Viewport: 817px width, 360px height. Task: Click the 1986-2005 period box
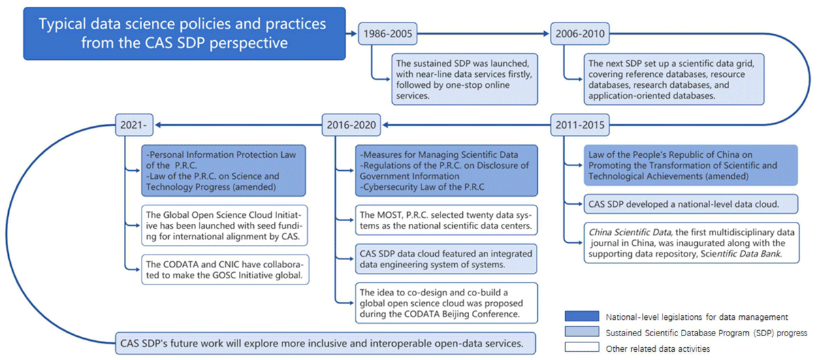387,33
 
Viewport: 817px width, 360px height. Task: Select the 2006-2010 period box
579,33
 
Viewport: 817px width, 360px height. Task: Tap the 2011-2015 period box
579,125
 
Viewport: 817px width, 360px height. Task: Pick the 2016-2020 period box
351,125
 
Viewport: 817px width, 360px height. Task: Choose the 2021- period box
134,125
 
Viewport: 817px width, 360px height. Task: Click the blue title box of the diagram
185,33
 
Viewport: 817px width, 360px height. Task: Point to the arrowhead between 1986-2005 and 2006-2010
545,33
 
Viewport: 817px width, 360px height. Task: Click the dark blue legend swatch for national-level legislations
581,316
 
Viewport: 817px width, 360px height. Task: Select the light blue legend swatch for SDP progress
581,331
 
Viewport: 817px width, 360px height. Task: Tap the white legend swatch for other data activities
581,347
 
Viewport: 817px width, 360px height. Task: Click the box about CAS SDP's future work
325,343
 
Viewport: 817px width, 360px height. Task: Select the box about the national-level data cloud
691,204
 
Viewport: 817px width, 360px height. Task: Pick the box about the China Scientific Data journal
692,242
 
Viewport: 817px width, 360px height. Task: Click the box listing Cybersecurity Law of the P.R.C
447,170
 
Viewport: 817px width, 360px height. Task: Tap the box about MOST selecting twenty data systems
447,220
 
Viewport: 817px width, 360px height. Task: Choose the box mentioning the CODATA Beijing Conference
447,303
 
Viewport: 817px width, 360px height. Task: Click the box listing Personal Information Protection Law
223,170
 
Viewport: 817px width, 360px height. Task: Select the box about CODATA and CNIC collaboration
225,269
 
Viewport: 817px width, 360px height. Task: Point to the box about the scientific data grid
673,79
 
